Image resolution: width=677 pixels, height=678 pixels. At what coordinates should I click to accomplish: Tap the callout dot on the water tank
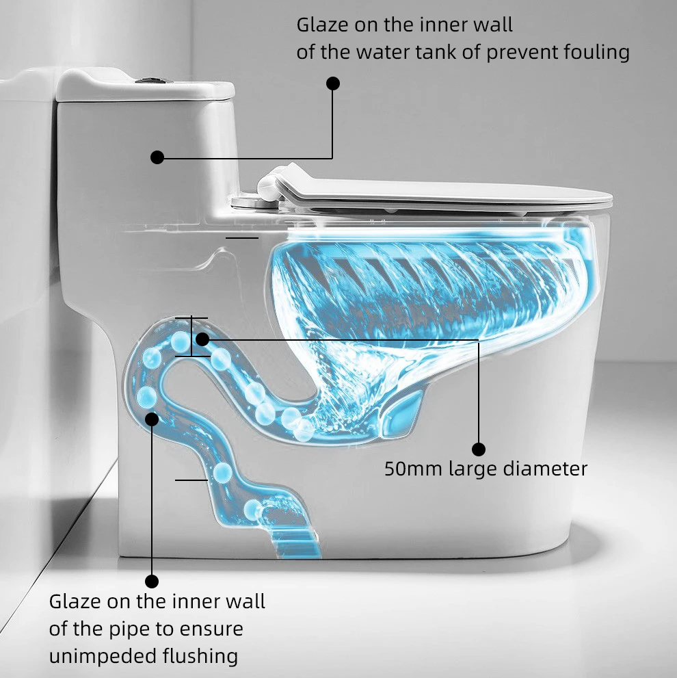click(x=157, y=157)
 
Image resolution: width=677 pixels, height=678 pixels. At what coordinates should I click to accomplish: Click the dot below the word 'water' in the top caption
click(x=333, y=83)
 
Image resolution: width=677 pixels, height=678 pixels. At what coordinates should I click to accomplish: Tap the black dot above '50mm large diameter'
click(x=479, y=449)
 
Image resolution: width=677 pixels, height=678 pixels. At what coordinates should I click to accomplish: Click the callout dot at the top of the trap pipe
click(x=202, y=339)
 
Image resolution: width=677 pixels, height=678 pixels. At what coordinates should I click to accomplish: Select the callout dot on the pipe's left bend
click(x=152, y=417)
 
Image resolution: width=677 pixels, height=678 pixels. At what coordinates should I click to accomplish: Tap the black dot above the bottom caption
click(x=152, y=581)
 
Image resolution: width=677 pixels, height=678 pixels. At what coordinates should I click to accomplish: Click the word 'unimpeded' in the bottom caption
click(x=94, y=657)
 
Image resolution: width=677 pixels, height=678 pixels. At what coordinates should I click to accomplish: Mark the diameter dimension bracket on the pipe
click(x=191, y=337)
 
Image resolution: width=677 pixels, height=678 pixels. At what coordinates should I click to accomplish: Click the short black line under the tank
click(x=241, y=238)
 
